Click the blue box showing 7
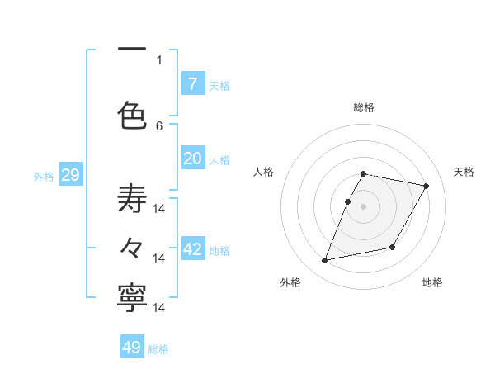[192, 84]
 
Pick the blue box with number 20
[192, 159]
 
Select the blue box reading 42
[192, 250]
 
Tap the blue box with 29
[70, 175]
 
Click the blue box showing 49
[132, 348]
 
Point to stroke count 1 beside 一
[159, 59]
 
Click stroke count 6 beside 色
[159, 125]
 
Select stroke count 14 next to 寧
[159, 307]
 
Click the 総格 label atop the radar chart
[364, 107]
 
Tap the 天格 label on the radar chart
[464, 172]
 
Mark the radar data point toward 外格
[325, 261]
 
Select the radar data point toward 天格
[426, 187]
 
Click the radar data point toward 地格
[393, 248]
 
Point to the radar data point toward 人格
[348, 201]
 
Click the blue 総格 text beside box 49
[158, 349]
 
